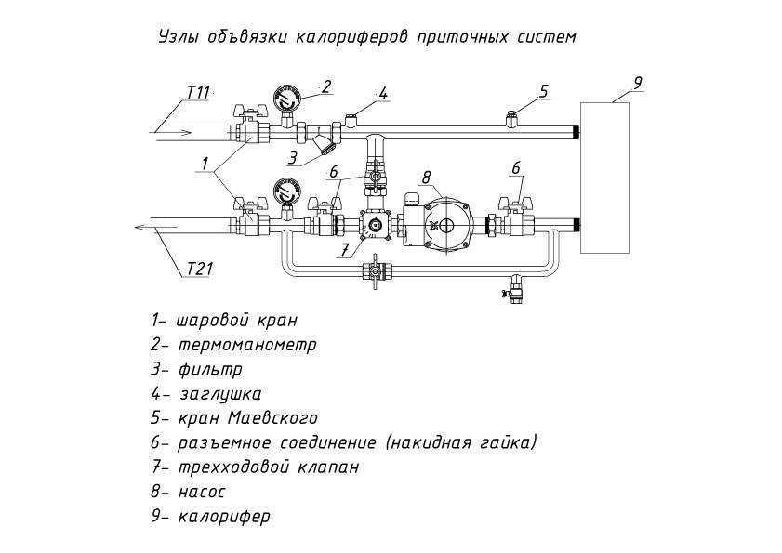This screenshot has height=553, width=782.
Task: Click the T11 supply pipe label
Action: pyautogui.click(x=198, y=92)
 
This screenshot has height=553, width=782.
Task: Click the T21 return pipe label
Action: pyautogui.click(x=200, y=270)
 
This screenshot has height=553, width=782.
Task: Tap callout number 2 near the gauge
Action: pyautogui.click(x=326, y=86)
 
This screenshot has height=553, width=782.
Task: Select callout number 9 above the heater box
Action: pyautogui.click(x=637, y=82)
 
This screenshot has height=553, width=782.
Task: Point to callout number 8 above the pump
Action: pyautogui.click(x=427, y=177)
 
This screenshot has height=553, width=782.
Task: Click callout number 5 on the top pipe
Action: pyautogui.click(x=544, y=90)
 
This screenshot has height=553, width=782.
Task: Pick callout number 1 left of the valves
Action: pyautogui.click(x=204, y=163)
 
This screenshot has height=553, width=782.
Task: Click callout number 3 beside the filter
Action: pyautogui.click(x=292, y=157)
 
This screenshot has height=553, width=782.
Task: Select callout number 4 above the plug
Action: pyautogui.click(x=383, y=92)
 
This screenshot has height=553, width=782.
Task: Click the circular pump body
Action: pyautogui.click(x=445, y=224)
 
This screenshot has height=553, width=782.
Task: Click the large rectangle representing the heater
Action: pyautogui.click(x=604, y=178)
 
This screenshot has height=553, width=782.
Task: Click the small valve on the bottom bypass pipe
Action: pyautogui.click(x=374, y=271)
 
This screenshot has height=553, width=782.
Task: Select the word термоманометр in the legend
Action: pyautogui.click(x=247, y=345)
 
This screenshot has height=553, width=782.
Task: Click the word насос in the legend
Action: pyautogui.click(x=202, y=491)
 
